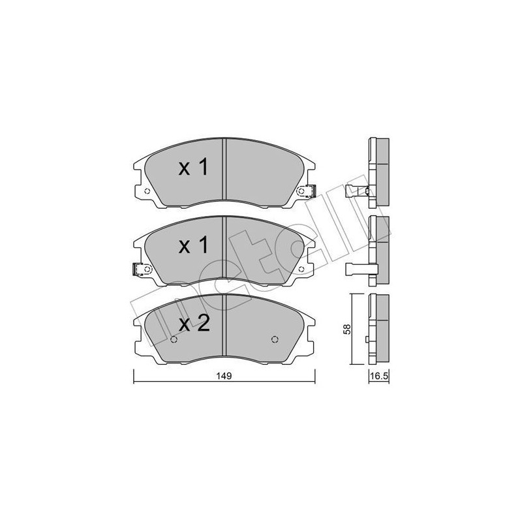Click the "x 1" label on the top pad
pos(193,168)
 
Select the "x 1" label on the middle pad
pos(193,246)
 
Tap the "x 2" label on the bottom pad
pos(193,324)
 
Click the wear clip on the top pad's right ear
pos(305,191)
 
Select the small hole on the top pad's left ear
pos(146,191)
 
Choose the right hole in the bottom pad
pos(274,339)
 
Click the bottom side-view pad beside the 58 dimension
pos(379,330)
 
